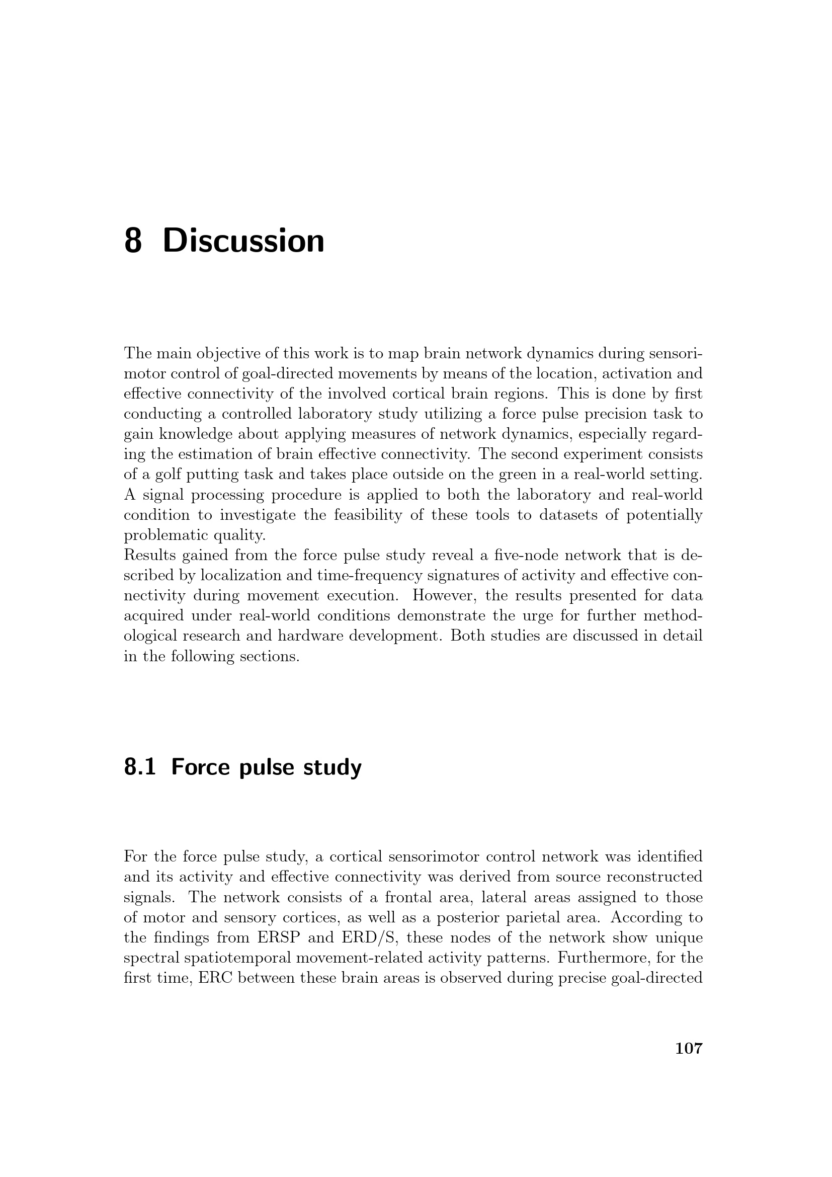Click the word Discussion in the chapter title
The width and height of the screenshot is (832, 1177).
coord(243,241)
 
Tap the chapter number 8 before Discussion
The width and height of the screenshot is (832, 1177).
coord(133,241)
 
